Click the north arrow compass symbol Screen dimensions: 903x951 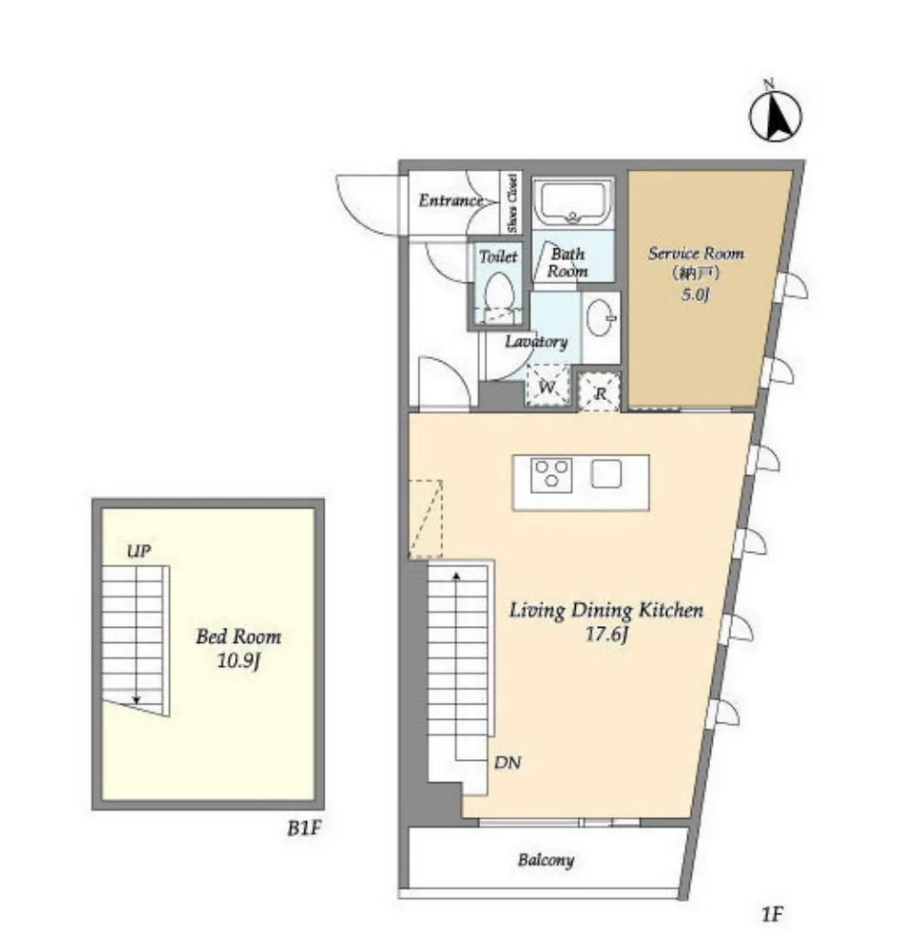coord(775,115)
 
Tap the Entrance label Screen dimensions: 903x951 coord(450,200)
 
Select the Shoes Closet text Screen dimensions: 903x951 coord(512,203)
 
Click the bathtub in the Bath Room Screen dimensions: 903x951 coord(573,202)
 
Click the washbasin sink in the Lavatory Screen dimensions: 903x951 coord(601,317)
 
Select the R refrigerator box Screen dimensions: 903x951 coord(600,392)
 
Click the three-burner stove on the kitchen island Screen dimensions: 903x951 coord(551,475)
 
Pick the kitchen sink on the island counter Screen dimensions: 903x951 coord(605,474)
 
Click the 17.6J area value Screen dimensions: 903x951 coord(605,635)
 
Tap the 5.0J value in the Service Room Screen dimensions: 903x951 coord(696,295)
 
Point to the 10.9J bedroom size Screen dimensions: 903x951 coord(239,660)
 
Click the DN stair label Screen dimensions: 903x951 coord(508,762)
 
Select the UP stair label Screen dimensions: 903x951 coord(139,551)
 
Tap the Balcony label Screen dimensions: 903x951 coord(546,860)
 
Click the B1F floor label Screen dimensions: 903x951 coord(303,827)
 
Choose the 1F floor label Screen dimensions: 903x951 coord(773,913)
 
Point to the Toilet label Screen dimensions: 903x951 coord(498,257)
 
